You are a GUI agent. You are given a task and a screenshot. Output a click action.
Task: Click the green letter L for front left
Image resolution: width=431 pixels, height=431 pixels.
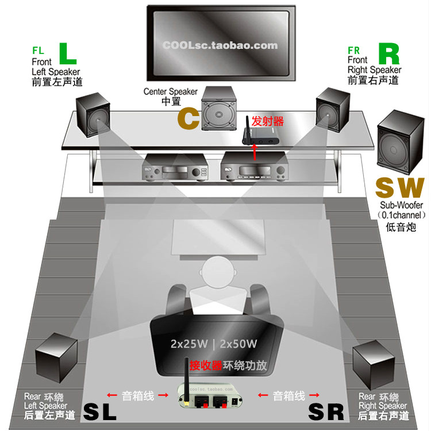[x=68, y=53]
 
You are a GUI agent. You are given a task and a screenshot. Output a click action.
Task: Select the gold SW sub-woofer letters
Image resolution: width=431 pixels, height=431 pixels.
[x=399, y=187]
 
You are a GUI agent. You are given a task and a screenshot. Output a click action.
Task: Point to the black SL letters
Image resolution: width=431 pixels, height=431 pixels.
[x=101, y=411]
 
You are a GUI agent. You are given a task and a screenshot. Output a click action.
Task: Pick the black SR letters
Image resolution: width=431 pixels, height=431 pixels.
[x=326, y=411]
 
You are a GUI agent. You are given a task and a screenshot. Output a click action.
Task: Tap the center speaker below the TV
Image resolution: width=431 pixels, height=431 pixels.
[x=218, y=110]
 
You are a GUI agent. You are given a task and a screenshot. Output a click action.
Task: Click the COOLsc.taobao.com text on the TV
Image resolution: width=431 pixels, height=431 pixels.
[x=220, y=45]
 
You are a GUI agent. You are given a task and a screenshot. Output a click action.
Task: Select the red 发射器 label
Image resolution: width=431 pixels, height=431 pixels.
[x=268, y=121]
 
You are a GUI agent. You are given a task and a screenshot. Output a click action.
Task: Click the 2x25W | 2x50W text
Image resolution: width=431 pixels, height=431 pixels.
[x=213, y=344]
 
